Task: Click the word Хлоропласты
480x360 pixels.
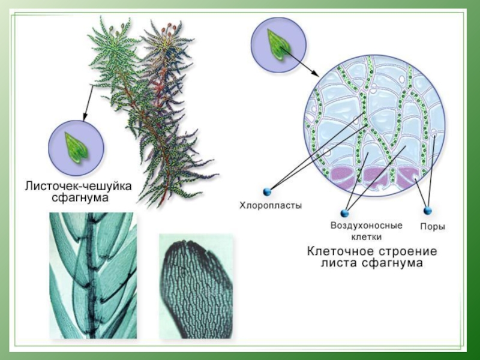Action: (x=271, y=205)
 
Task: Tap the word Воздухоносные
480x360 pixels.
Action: (x=366, y=226)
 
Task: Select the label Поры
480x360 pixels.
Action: (x=432, y=227)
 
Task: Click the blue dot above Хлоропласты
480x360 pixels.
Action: (x=267, y=191)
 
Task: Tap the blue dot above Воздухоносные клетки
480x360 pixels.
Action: (x=344, y=213)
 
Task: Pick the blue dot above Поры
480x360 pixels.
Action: (x=428, y=211)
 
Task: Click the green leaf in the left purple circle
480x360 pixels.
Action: (x=76, y=147)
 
